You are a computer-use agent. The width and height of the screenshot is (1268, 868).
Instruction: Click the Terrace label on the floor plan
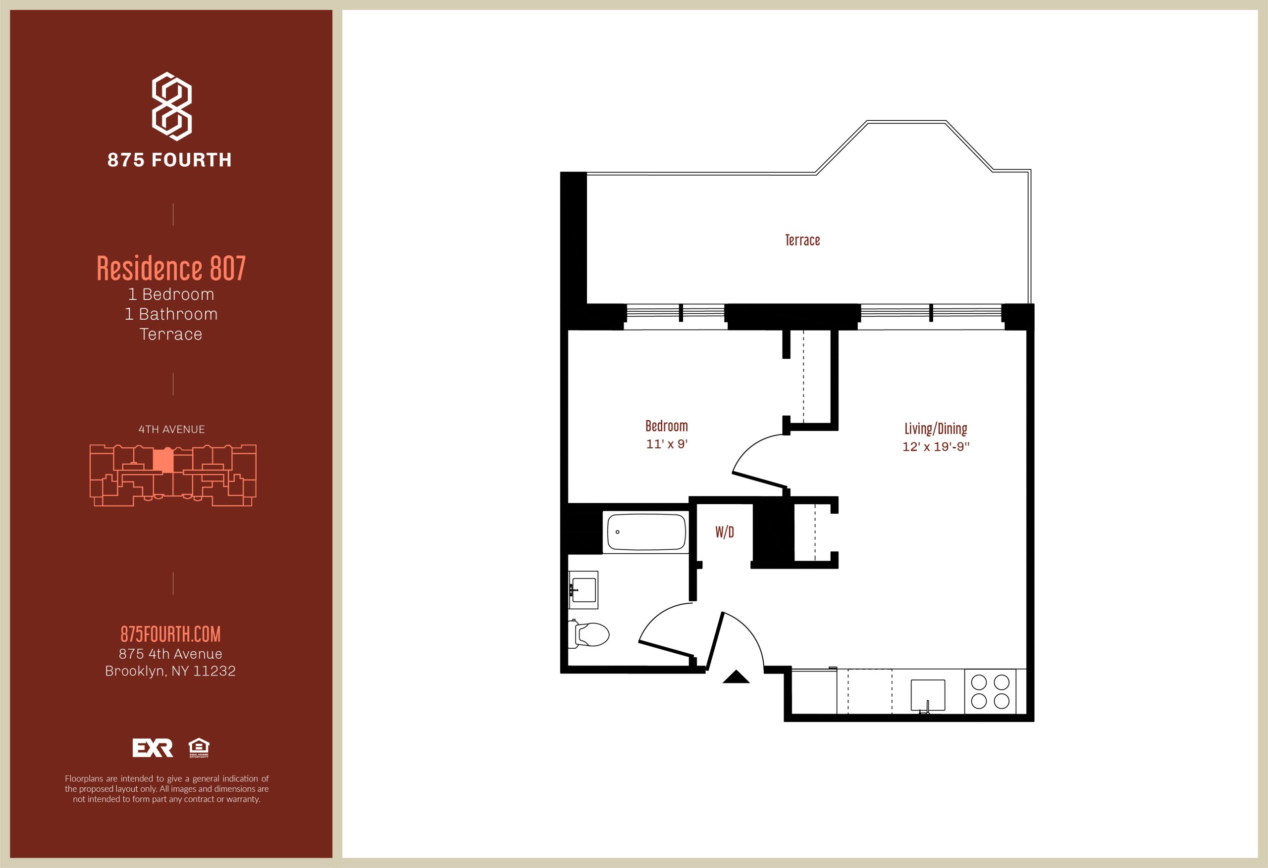click(802, 240)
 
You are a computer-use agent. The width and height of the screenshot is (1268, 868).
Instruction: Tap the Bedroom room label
click(666, 426)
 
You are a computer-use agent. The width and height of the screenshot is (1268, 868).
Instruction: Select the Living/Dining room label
click(936, 429)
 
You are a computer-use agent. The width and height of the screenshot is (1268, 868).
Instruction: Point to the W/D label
click(725, 532)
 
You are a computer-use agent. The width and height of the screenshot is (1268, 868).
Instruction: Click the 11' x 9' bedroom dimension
click(666, 444)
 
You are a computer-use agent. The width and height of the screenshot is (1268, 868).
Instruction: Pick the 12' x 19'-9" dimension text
click(936, 446)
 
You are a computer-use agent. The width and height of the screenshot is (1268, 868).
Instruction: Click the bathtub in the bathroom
click(646, 531)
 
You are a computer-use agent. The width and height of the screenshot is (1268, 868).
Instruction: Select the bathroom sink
click(583, 590)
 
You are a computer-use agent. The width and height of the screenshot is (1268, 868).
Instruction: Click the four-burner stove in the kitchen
click(990, 691)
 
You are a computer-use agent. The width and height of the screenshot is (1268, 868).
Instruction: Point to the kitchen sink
click(928, 696)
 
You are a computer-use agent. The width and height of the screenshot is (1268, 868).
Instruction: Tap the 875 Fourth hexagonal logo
click(171, 106)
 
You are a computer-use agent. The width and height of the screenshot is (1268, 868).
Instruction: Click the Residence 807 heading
click(171, 268)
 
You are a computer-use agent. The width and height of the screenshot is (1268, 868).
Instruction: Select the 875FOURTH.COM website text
click(171, 634)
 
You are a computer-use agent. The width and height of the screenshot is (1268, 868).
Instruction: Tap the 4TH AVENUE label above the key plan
click(172, 430)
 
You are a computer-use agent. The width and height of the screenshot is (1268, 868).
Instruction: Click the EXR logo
click(153, 748)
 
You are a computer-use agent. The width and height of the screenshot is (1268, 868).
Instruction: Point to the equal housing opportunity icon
click(199, 748)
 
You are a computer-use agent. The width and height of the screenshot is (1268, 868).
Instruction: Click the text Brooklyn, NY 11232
click(170, 671)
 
